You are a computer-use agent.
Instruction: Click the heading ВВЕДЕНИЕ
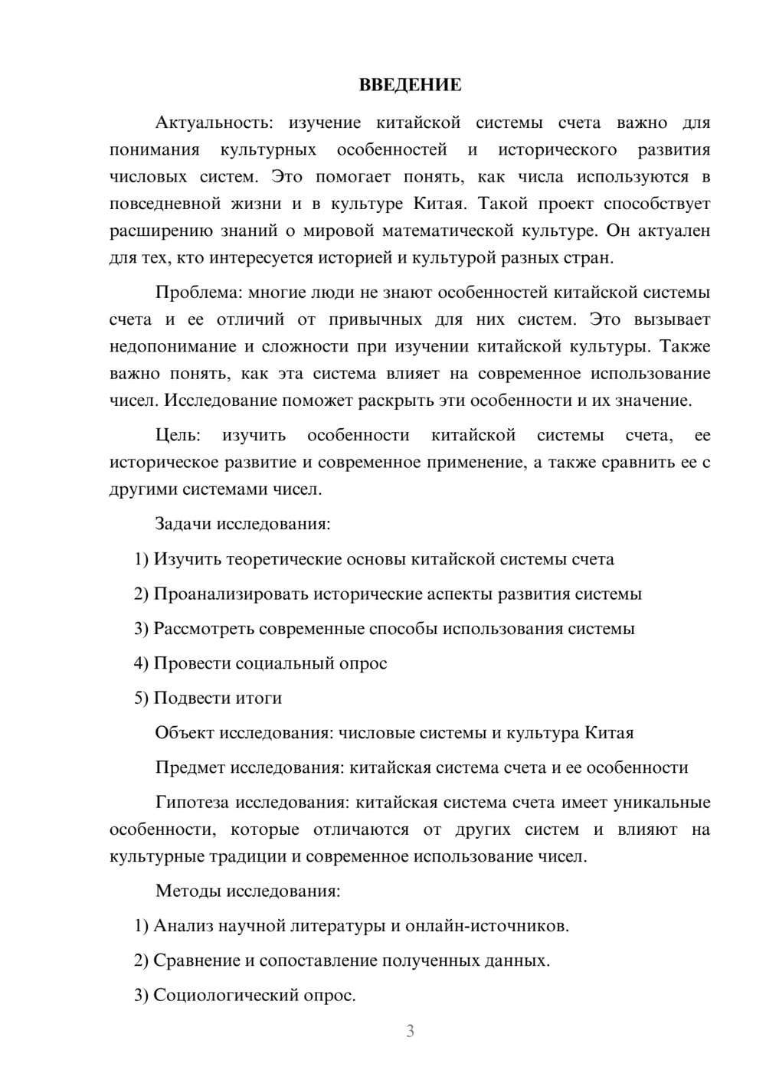point(410,85)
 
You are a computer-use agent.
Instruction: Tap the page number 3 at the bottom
point(410,1031)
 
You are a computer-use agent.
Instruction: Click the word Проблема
point(197,293)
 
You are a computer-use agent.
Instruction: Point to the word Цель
point(178,436)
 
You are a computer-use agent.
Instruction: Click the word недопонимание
point(172,347)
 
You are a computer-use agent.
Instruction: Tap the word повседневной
point(165,204)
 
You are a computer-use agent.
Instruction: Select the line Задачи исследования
point(243,525)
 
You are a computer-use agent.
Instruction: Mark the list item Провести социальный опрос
point(260,663)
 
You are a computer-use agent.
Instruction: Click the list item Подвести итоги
point(208,699)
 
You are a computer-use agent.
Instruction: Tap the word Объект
point(185,733)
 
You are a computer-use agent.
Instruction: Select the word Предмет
point(190,768)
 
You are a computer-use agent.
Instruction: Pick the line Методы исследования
point(247,892)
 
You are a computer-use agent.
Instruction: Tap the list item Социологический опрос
point(245,996)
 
